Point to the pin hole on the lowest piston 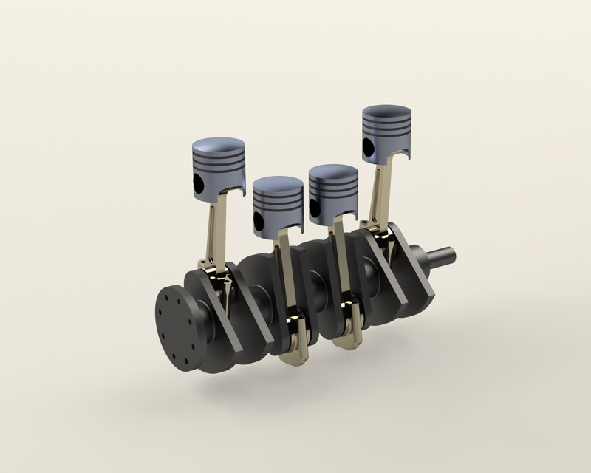(x=258, y=221)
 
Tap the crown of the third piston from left (x=333, y=173)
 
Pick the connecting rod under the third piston (x=339, y=259)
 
